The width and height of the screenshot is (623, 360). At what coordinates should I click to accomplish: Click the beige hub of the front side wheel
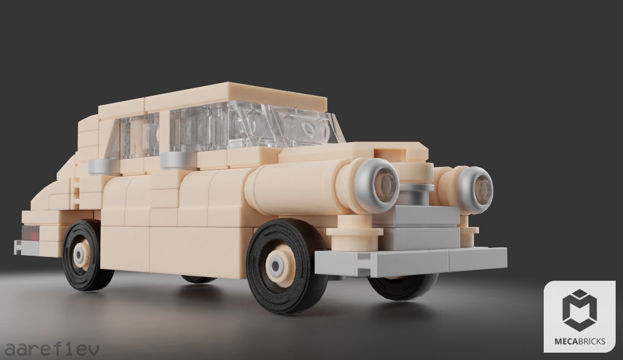[x=280, y=265]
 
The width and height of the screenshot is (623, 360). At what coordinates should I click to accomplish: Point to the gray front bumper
[x=411, y=261]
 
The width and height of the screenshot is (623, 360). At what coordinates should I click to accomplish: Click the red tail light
[x=31, y=233]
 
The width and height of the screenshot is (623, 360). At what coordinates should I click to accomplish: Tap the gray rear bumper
[x=26, y=247]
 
